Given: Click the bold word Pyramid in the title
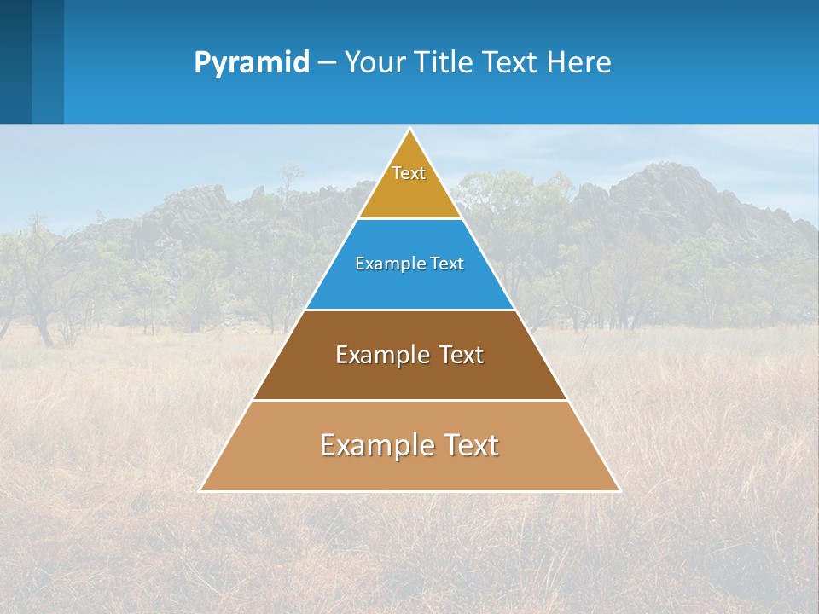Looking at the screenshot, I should point(252,62).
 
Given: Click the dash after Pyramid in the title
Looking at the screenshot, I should point(327,63).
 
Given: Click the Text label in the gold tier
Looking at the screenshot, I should point(409,173).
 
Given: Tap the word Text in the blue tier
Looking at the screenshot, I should point(447,264).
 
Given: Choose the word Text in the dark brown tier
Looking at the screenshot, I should point(462,355).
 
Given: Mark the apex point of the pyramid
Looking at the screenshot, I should point(410,130).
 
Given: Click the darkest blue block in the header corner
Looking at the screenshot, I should point(15,61).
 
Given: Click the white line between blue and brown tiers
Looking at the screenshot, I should point(409,310).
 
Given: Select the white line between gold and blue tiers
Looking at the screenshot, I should point(409,219).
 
